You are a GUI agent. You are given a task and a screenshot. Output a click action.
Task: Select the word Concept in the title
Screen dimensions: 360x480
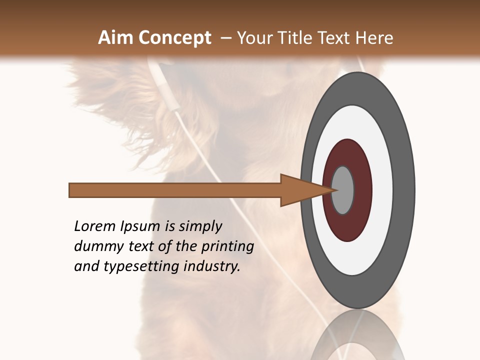[174, 38]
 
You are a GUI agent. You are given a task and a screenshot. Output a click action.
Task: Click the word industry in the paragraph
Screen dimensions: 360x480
[212, 266]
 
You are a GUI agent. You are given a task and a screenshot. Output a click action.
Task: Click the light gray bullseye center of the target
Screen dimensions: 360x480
[343, 190]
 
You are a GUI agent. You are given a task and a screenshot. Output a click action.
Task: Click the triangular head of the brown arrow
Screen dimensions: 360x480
[300, 190]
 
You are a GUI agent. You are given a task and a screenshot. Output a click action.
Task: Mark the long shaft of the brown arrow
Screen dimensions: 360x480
[175, 190]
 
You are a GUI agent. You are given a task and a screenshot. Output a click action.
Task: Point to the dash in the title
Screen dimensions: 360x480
[225, 38]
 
